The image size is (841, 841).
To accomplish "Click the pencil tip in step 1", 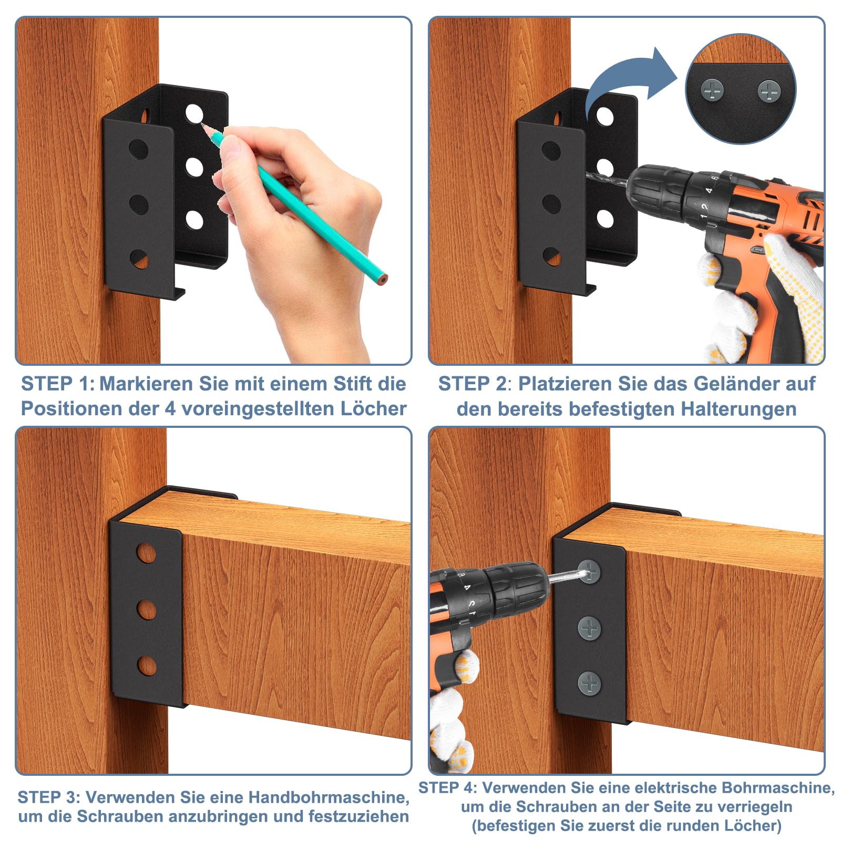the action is click(202, 125).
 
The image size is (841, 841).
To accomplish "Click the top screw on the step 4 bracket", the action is click(589, 571).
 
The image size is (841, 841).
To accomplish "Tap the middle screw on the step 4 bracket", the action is click(589, 628).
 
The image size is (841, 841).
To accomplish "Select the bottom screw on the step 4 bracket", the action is click(589, 683).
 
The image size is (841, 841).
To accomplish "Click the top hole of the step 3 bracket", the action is click(146, 553).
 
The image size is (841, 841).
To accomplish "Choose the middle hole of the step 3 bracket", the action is click(147, 610).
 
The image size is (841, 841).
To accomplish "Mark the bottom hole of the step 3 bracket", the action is click(147, 666).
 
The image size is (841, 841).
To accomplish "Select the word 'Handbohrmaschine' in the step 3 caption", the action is click(329, 797).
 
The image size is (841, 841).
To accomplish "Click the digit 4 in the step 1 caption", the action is click(170, 409).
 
